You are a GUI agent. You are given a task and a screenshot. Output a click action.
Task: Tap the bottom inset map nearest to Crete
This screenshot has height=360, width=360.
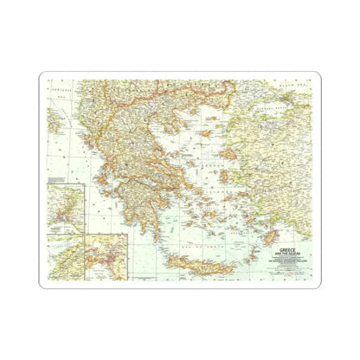coord(103,259)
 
